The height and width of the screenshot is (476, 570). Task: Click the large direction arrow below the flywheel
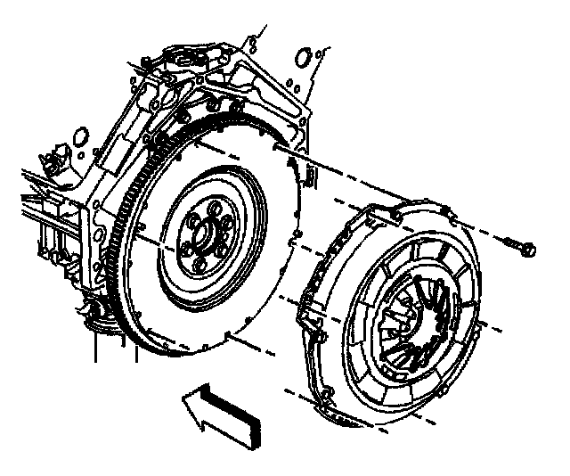[x=214, y=410]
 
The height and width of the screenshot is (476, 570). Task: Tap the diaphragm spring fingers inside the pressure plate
[x=419, y=312]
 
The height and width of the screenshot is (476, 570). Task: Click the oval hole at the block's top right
[x=304, y=58]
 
